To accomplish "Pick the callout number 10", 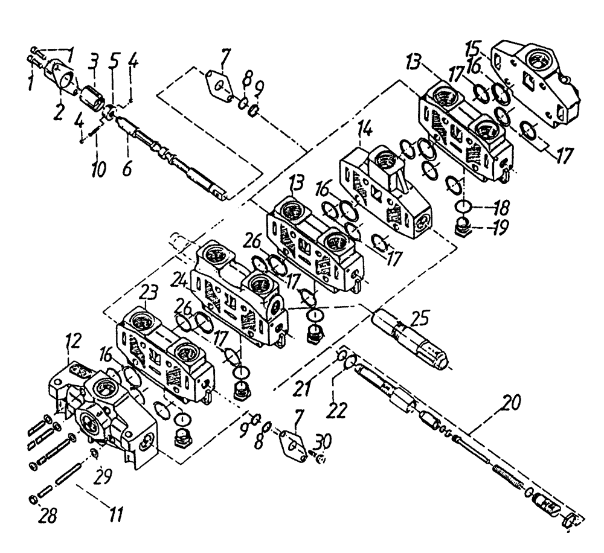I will (x=97, y=166).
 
